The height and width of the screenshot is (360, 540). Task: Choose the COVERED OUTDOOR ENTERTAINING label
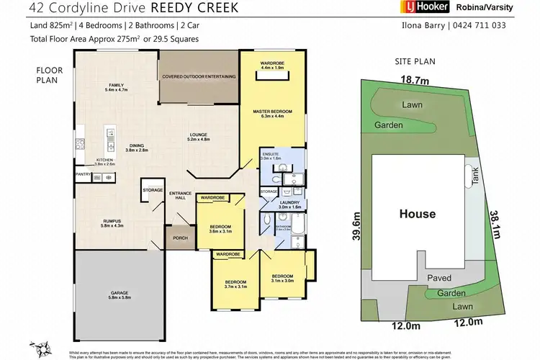pos(199,76)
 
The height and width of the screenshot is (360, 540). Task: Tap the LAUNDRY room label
pos(294,202)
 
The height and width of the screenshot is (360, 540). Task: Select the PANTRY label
pos(82,174)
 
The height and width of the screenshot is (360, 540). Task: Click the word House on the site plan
pos(418,214)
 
